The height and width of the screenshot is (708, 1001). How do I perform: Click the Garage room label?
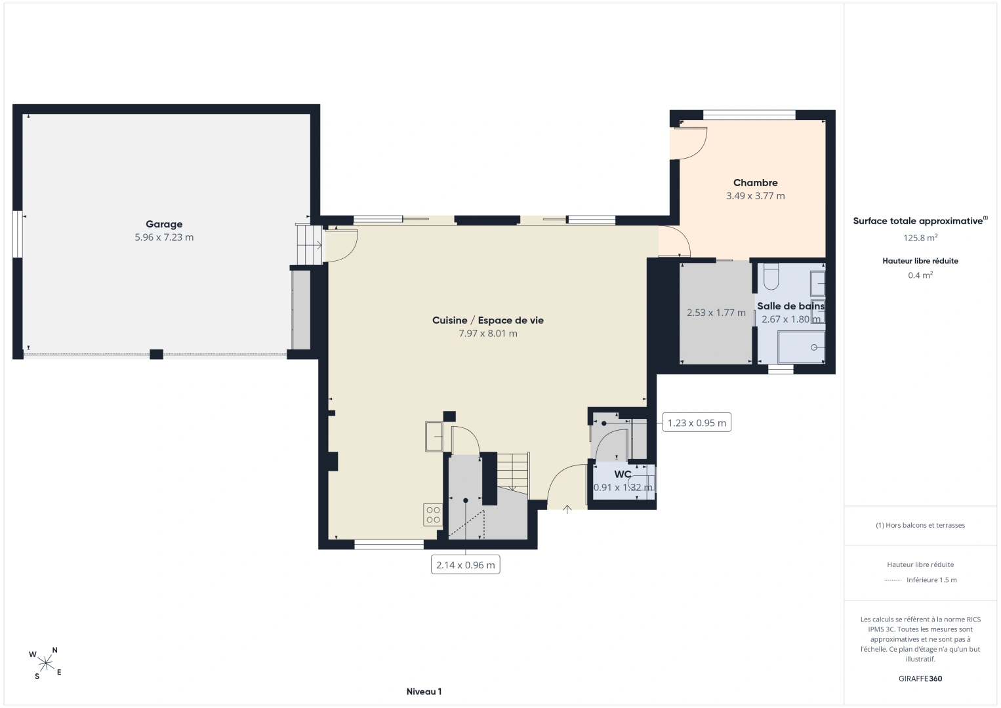pos(164,224)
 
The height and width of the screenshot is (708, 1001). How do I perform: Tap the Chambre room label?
pos(755,183)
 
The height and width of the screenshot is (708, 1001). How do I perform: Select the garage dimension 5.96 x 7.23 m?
pos(164,237)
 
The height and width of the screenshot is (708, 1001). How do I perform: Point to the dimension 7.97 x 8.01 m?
pos(488,333)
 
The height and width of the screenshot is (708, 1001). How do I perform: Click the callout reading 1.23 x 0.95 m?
pos(697,423)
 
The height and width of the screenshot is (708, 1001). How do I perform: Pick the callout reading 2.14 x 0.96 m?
pos(466,564)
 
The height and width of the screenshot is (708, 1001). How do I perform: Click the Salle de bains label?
pos(790,306)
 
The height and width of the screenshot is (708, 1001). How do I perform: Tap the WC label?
pos(623,474)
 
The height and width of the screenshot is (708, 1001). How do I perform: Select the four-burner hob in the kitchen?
pos(432,515)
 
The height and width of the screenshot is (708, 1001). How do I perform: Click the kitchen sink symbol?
pos(434,437)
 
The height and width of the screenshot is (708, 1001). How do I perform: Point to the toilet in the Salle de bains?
pos(771,277)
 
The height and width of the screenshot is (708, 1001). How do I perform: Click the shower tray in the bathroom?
pos(801,347)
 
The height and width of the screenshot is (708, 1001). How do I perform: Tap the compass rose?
pos(45,663)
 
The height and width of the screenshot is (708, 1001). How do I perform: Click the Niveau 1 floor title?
pos(424,692)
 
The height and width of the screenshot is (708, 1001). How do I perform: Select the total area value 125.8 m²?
pos(920,237)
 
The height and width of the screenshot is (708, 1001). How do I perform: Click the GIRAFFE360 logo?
pos(920,678)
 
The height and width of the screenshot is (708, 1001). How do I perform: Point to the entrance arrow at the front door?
pos(567,509)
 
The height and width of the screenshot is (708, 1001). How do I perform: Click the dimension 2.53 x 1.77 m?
pos(716,313)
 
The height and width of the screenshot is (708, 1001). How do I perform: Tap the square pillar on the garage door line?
pos(156,354)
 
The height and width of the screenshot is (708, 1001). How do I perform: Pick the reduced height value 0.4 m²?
pos(920,275)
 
